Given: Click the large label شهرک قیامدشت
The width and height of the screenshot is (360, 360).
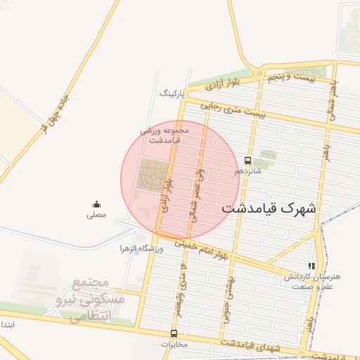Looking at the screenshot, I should click(269, 209).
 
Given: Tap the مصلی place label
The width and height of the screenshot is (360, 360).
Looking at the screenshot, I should click(96, 214).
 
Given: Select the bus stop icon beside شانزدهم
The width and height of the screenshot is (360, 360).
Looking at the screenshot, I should click(247, 160).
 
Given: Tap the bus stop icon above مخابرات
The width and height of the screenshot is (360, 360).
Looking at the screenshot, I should click(174, 334).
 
